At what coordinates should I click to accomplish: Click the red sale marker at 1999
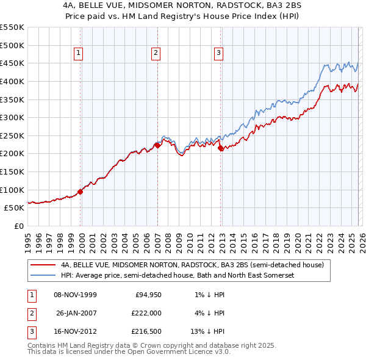coord(80,191)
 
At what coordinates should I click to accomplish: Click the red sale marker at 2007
coord(157,145)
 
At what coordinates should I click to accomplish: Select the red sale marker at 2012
coord(220,147)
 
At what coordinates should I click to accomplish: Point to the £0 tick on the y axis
coord(18,226)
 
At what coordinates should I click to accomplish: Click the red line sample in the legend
coord(43,265)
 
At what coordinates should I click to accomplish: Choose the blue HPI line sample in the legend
coord(43,276)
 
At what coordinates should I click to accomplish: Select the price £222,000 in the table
coord(146,313)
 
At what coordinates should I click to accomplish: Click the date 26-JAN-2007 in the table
coord(75,313)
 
